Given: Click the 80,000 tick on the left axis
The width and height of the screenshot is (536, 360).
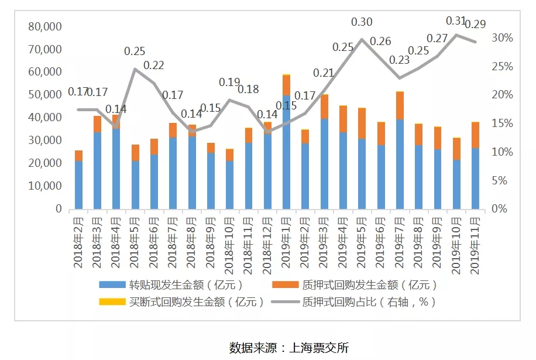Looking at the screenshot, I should point(45,26).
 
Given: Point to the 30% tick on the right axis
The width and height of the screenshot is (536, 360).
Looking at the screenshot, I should point(501,38).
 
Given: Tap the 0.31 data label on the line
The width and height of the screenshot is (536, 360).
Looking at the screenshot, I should point(456,21).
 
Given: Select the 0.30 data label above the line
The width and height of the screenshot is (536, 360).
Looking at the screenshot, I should point(362,22).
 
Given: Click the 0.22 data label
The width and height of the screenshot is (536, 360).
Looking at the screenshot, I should point(154,65).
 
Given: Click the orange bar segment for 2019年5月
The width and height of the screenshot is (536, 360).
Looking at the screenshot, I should point(362,123).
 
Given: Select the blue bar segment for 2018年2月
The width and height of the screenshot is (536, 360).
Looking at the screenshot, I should point(78,184).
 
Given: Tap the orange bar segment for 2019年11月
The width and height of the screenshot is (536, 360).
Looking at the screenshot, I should point(476,135).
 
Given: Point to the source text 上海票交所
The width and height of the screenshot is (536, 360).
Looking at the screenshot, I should point(319,347).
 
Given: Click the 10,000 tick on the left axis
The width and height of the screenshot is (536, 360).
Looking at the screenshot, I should point(45,186).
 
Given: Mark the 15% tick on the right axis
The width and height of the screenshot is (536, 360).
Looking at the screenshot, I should point(501,124).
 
